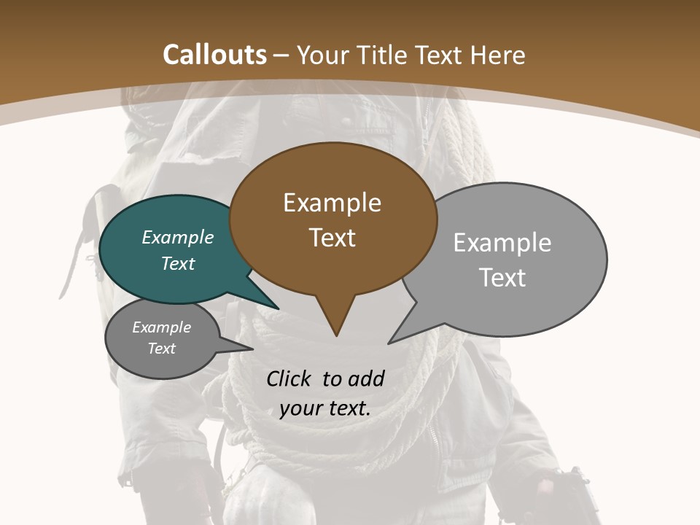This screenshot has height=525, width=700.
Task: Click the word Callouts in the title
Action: (x=214, y=55)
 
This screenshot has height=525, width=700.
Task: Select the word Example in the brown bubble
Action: (x=332, y=203)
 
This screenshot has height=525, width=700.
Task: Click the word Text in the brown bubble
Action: (x=332, y=238)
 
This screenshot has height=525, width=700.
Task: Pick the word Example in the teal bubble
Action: (x=178, y=237)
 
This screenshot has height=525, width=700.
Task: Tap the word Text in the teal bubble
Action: (x=178, y=263)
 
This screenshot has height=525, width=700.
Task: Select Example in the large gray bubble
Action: (x=502, y=242)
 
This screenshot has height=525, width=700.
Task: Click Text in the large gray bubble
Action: (x=502, y=277)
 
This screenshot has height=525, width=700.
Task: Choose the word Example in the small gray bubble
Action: (x=161, y=327)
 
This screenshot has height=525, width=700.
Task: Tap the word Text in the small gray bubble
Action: (x=161, y=349)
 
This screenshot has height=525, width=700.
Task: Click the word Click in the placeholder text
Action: (x=290, y=378)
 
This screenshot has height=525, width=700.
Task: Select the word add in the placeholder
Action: (x=365, y=378)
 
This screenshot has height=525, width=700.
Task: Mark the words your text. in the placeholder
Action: (x=325, y=408)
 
